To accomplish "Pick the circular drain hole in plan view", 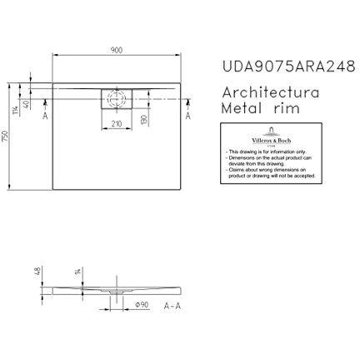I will pos(117,98).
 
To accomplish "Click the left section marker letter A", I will pos(44,119).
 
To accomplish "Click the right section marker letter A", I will pos(188,119).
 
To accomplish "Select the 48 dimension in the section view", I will pos(38,271).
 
